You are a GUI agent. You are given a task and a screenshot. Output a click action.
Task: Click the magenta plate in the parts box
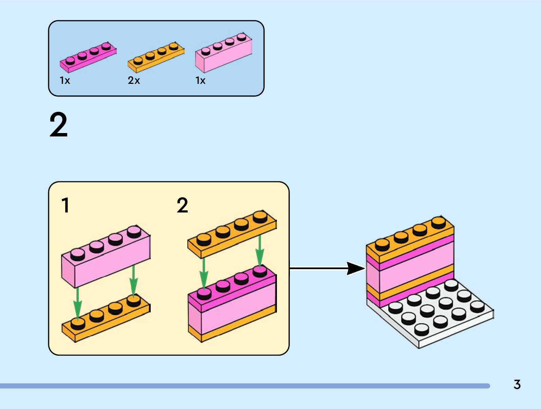click(88, 57)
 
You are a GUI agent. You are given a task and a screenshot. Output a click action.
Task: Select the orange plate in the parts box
click(156, 57)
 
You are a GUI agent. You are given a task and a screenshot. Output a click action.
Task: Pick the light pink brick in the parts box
click(223, 54)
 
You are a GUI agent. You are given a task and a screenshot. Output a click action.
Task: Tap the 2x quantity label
click(134, 80)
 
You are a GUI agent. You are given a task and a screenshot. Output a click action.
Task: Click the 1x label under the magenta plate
click(65, 80)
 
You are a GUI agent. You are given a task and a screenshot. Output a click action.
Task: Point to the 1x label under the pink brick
click(200, 80)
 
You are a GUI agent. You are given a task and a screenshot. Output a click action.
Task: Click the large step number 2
click(58, 125)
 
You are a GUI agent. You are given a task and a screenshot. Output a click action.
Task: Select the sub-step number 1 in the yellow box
click(66, 205)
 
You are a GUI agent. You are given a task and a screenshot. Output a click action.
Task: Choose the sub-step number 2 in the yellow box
click(182, 205)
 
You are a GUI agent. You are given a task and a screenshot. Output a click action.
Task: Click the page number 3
click(517, 385)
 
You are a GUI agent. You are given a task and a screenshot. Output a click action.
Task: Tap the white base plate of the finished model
click(441, 322)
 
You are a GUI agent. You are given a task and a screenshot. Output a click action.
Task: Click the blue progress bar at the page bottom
click(244, 386)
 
